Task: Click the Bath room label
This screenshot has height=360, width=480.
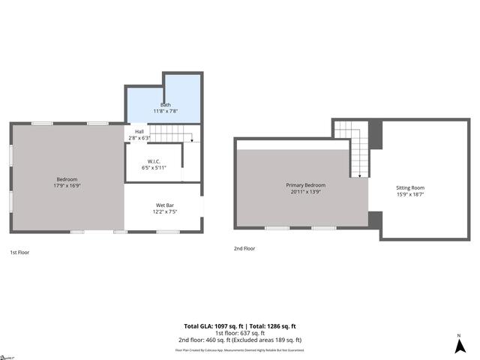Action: tap(165, 105)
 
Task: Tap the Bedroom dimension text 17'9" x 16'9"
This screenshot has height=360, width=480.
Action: tap(67, 185)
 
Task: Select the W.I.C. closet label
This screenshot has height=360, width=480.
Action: tap(154, 161)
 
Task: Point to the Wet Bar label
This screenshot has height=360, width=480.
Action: tap(165, 205)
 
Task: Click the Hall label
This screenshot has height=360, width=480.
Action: tap(139, 132)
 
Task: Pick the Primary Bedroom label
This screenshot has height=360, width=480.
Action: tap(305, 184)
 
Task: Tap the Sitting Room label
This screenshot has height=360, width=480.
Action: tap(410, 187)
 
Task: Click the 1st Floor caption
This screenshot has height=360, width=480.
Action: tap(19, 252)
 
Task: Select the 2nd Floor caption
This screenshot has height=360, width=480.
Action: tap(244, 248)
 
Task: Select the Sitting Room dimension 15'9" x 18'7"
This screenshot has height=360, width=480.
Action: tap(410, 194)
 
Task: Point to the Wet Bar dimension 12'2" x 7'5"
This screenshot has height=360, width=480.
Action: tap(165, 211)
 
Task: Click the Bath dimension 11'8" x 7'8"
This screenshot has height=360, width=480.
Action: tap(165, 111)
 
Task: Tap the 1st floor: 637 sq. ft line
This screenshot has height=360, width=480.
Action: tap(239, 333)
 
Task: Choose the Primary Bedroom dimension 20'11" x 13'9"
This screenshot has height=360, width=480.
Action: tap(305, 191)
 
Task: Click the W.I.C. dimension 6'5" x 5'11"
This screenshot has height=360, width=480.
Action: tap(154, 167)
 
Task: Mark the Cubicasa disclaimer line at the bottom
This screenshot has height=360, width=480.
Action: tap(239, 349)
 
